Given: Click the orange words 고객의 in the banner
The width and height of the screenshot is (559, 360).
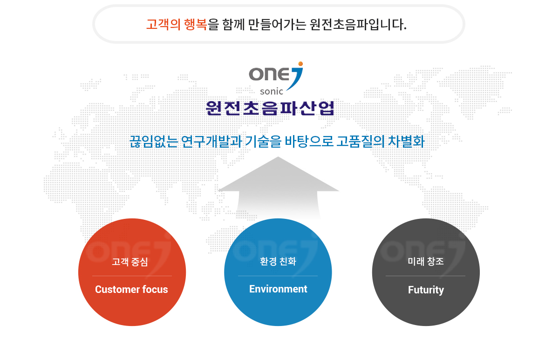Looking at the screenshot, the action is point(163,24).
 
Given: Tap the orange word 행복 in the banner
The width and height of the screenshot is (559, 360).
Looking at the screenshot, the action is point(195,24).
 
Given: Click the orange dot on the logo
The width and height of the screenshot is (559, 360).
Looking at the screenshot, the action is point(300,64).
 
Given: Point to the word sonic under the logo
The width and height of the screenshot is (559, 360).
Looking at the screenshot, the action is point(272,92).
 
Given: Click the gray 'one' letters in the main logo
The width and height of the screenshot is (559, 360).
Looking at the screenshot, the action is point(269,74).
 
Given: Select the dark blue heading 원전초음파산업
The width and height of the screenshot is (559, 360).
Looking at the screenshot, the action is point(270,108).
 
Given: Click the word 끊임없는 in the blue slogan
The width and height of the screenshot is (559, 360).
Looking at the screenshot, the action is point(153,142).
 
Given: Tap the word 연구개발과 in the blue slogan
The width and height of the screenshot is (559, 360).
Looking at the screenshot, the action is point(211,142).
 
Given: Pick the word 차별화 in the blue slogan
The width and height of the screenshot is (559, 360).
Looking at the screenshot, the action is point(406,142).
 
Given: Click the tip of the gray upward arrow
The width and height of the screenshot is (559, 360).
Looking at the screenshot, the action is point(278,157).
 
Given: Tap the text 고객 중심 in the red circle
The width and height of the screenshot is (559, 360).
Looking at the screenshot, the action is point(130,262).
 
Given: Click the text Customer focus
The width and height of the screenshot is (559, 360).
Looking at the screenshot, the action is point(131,289).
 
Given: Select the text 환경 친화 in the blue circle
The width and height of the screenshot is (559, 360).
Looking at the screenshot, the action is point(278,261).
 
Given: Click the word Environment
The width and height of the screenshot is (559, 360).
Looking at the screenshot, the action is point(278,289).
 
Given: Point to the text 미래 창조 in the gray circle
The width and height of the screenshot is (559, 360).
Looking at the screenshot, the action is point(426,261).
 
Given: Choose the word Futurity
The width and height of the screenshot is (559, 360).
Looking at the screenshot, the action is point(426,290).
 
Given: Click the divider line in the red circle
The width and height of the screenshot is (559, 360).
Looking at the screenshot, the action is point(132,276).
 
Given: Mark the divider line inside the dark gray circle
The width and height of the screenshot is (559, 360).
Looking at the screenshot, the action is point(425,276).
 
